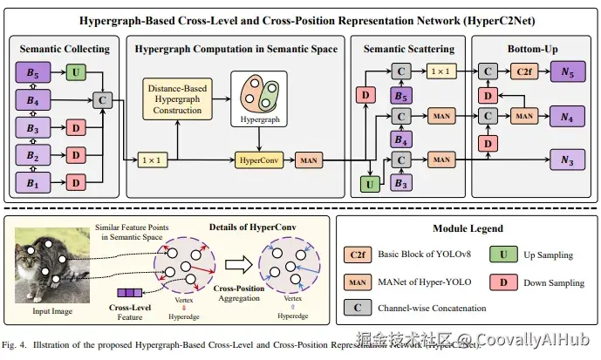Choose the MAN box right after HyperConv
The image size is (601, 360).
pyautogui.click(x=309, y=160)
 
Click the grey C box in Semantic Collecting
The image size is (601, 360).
pyautogui.click(x=103, y=101)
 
